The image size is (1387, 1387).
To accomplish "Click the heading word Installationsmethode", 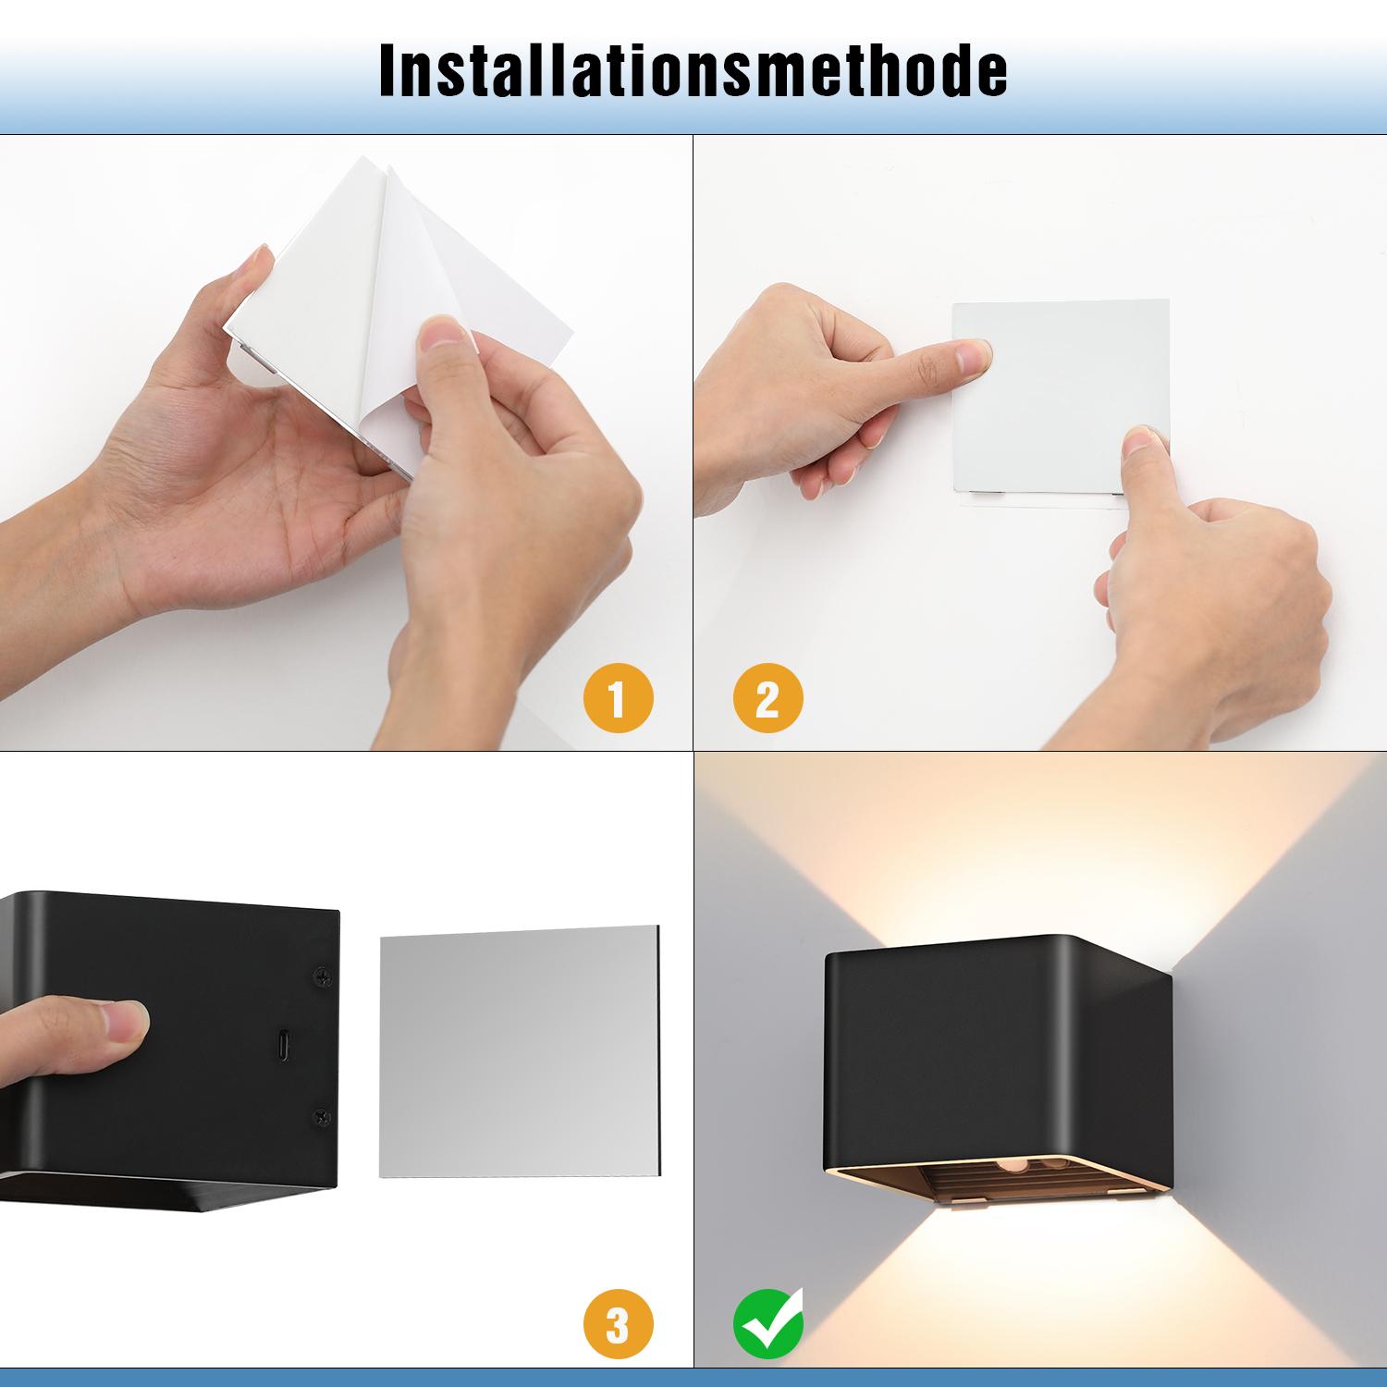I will pyautogui.click(x=693, y=69).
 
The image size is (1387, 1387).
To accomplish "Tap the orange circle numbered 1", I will pyautogui.click(x=618, y=697).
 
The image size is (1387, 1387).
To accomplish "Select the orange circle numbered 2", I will pyautogui.click(x=767, y=697).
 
